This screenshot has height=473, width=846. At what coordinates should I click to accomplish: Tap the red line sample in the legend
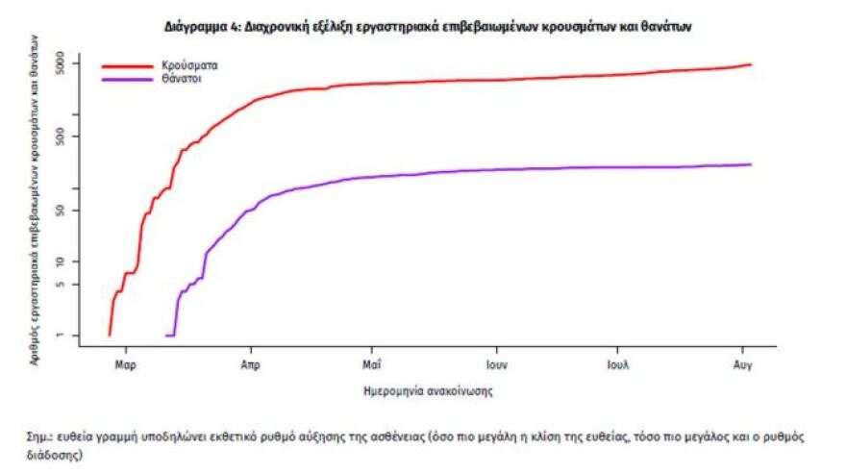pyautogui.click(x=127, y=67)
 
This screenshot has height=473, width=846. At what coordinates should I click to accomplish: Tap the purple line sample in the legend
pyautogui.click(x=127, y=80)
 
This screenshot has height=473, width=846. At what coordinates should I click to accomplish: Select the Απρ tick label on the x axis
pyautogui.click(x=250, y=365)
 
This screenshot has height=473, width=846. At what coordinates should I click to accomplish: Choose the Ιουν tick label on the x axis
pyautogui.click(x=496, y=365)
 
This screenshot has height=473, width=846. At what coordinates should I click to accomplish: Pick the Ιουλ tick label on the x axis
pyautogui.click(x=618, y=365)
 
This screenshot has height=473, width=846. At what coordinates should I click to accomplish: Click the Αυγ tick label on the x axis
pyautogui.click(x=742, y=365)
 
